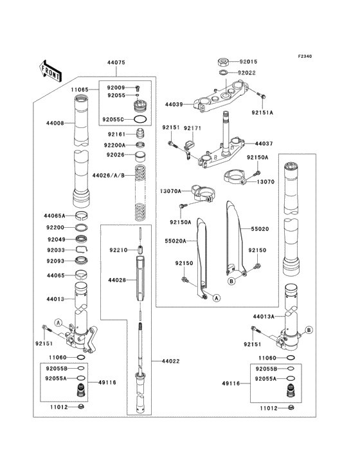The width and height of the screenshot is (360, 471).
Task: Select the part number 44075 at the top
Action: (116, 62)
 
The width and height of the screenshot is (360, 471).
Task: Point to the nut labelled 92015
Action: (222, 62)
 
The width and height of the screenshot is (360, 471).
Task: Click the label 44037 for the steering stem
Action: (264, 143)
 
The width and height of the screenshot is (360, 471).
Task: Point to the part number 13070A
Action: (171, 191)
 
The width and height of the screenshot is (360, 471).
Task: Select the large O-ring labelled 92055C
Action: (140, 119)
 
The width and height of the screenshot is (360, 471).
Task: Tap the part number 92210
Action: (118, 250)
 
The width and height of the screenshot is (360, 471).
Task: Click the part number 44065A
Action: (55, 216)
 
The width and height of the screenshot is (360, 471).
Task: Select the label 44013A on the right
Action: (264, 316)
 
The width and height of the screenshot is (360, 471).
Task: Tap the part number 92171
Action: (192, 127)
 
